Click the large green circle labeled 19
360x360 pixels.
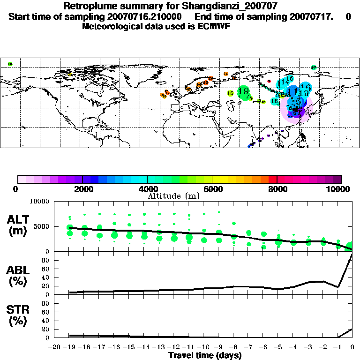[x=243, y=92]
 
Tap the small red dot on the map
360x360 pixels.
[x=269, y=81]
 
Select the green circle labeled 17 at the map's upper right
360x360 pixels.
[x=314, y=67]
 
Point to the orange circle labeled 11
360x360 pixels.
[x=226, y=74]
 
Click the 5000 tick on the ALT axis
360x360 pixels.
[x=43, y=227]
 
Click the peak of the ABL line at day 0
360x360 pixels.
[x=352, y=253]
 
